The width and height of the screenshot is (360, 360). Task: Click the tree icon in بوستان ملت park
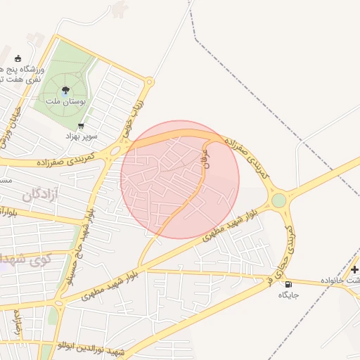[x=65, y=89]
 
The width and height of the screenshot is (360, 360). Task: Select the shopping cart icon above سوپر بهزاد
[x=82, y=126]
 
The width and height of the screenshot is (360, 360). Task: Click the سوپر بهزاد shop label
[x=82, y=136]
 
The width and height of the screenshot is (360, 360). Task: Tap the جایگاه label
[x=289, y=295]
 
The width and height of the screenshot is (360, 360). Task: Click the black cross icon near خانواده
[x=355, y=269]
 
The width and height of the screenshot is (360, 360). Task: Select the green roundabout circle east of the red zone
[x=279, y=200]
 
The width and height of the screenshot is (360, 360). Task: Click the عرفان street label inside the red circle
[x=206, y=155]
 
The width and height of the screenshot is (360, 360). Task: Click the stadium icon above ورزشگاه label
[x=18, y=59]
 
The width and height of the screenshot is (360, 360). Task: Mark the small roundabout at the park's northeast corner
[x=149, y=82]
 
